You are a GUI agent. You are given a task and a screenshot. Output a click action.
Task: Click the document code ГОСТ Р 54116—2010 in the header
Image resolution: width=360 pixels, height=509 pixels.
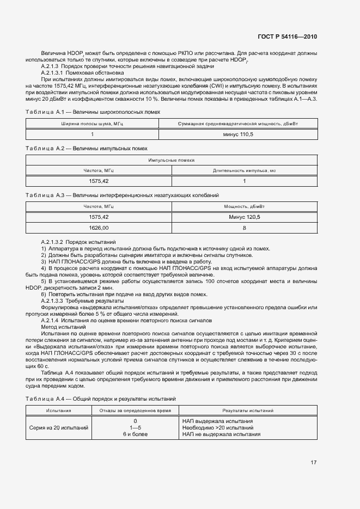tap(286, 36)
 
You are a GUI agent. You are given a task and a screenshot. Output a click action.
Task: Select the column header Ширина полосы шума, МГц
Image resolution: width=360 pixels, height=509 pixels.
tap(92, 124)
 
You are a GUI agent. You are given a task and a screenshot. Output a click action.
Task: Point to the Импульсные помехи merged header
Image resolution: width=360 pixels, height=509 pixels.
tap(171, 161)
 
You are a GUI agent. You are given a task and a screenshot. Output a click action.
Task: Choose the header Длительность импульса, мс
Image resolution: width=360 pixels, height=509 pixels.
tap(244, 170)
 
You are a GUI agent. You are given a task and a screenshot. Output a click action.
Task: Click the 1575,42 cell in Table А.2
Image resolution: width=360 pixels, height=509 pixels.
tap(99, 181)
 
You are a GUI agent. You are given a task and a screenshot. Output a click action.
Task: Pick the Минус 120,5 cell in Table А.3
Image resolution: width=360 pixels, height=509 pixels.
tap(245, 217)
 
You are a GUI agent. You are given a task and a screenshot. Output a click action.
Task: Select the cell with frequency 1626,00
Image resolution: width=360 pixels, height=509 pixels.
tap(99, 228)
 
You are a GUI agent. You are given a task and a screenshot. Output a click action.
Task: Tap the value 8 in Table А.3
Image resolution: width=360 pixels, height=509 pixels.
tap(245, 228)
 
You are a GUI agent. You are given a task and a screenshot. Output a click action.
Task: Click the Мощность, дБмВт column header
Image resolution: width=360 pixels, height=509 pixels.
tap(245, 207)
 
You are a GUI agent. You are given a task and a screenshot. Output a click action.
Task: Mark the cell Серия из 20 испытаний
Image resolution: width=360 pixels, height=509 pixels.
tap(59, 427)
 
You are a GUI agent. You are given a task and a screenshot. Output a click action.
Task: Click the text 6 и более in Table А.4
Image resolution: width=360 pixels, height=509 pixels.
tap(135, 434)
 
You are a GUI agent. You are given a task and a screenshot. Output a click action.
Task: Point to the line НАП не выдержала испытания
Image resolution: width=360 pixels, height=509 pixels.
tap(221, 434)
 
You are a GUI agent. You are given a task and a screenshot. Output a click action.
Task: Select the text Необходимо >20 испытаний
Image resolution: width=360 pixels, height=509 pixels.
tap(218, 427)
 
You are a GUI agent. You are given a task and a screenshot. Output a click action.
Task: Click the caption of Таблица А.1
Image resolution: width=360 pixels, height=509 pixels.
tap(93, 112)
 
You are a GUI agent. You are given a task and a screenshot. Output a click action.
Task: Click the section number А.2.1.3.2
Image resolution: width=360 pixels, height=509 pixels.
tap(56, 241)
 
